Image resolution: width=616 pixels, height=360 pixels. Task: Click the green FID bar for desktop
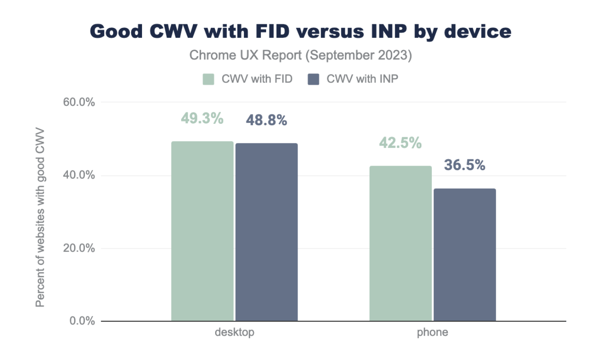(202, 231)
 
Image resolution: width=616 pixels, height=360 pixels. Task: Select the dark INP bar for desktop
(267, 232)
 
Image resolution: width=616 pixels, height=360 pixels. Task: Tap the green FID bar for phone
(400, 243)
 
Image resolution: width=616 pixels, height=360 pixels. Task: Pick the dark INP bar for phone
(465, 255)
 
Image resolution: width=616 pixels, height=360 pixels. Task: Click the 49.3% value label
(202, 118)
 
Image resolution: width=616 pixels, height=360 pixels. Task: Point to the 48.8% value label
(266, 120)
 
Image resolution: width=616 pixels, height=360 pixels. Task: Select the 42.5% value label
(400, 143)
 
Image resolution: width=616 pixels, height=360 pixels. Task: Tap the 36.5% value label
(464, 165)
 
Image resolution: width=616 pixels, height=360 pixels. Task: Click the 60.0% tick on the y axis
(79, 102)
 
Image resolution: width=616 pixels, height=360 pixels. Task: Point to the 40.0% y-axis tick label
(79, 175)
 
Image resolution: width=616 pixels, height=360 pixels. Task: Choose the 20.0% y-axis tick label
(79, 248)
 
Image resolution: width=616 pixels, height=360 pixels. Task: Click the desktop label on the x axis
(234, 333)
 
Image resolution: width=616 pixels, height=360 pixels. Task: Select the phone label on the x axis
(433, 333)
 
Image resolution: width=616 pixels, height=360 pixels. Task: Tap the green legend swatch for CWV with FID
(209, 79)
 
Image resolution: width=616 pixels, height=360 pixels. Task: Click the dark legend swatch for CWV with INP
(313, 79)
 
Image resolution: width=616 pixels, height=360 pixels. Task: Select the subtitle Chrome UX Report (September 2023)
(301, 56)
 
